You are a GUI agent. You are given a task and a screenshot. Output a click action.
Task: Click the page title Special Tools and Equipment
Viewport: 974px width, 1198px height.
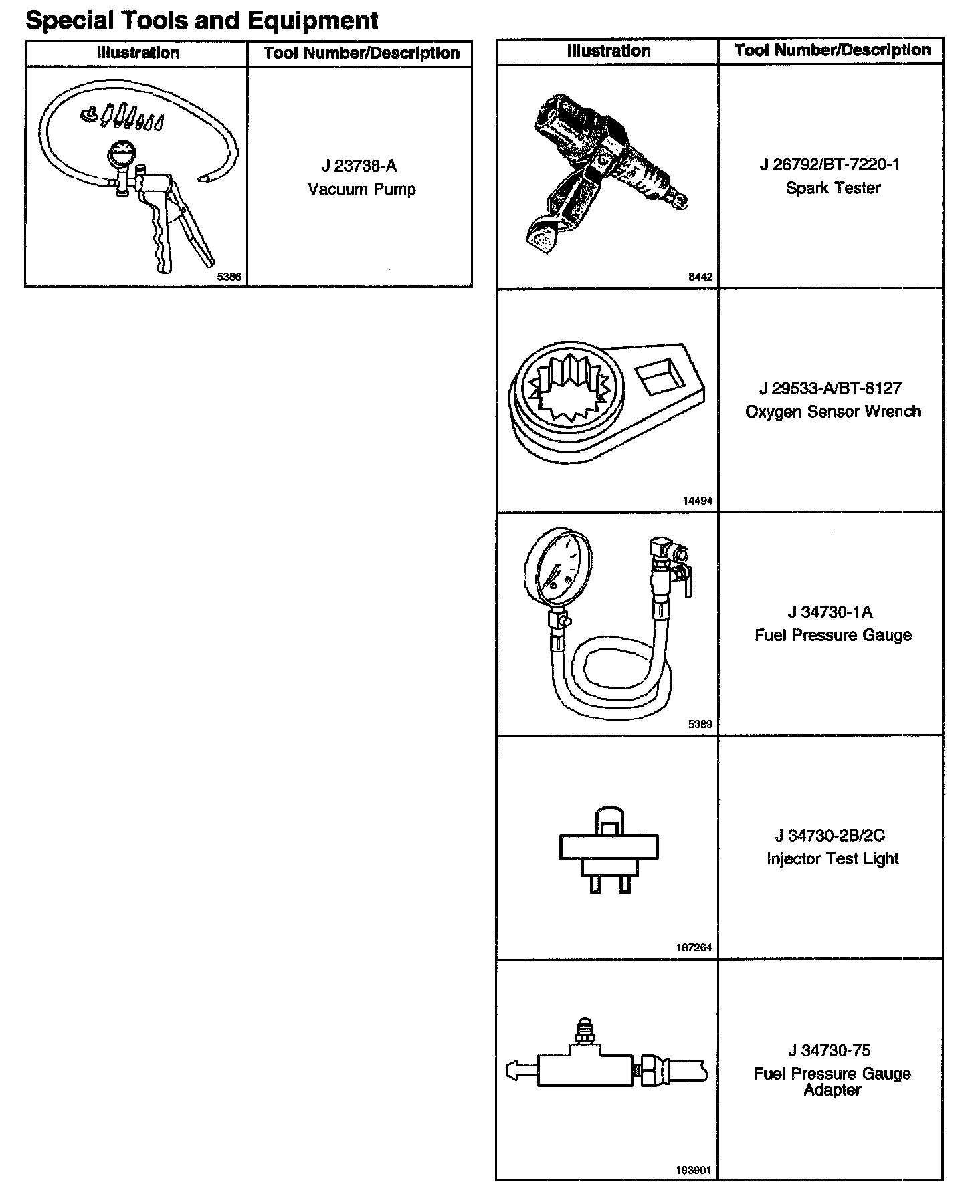(x=201, y=21)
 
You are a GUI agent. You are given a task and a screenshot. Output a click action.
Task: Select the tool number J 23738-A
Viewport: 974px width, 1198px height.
(x=359, y=166)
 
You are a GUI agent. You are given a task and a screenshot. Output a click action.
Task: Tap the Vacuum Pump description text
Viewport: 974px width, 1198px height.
(x=361, y=189)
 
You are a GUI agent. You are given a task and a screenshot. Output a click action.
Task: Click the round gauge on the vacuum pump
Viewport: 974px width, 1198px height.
(x=121, y=157)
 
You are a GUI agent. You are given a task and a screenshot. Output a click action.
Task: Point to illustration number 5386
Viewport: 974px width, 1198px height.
(x=229, y=277)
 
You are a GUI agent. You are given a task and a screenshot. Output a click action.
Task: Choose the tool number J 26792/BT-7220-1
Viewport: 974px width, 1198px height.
(x=830, y=165)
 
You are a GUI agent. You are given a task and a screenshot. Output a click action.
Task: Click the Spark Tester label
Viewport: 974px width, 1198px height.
(x=832, y=188)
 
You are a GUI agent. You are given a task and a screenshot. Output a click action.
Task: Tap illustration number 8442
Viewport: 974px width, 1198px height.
(x=700, y=277)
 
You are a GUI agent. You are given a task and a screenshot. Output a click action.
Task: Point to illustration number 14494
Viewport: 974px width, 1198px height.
(x=697, y=501)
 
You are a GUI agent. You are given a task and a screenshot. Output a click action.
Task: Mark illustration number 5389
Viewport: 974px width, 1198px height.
(x=700, y=724)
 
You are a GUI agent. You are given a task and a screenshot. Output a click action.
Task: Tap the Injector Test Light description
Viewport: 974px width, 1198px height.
(x=832, y=858)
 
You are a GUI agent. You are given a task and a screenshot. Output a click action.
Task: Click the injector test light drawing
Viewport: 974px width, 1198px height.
(x=608, y=849)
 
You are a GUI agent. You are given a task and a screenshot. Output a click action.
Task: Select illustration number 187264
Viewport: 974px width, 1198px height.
(x=694, y=947)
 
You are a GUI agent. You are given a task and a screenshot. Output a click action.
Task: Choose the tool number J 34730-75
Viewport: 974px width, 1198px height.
(x=830, y=1050)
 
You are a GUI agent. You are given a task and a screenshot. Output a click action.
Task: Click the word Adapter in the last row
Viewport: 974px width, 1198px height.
(x=832, y=1090)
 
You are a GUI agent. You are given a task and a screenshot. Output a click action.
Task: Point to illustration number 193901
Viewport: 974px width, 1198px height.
(x=694, y=1171)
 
